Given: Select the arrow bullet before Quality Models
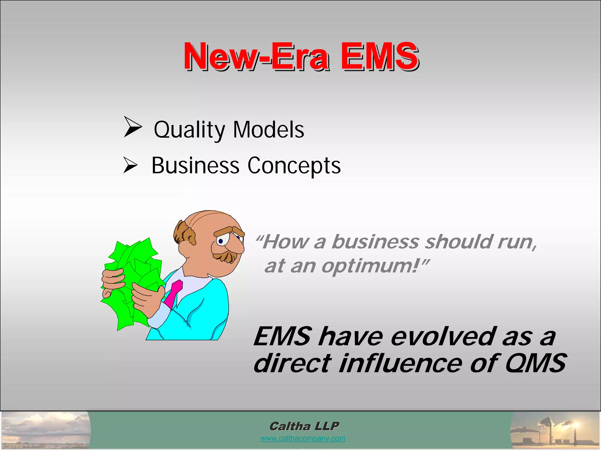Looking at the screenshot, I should tap(132, 127).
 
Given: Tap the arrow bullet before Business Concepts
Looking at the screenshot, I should tap(130, 165).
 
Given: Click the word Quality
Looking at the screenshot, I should tap(189, 130).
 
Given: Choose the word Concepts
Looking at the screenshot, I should tap(294, 166).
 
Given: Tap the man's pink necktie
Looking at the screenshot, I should tap(173, 294).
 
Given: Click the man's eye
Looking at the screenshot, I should tap(221, 241).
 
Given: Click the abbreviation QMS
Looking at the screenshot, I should tap(536, 363).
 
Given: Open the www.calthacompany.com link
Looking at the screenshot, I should tap(303, 438).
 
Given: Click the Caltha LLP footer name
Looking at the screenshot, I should tap(304, 426).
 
